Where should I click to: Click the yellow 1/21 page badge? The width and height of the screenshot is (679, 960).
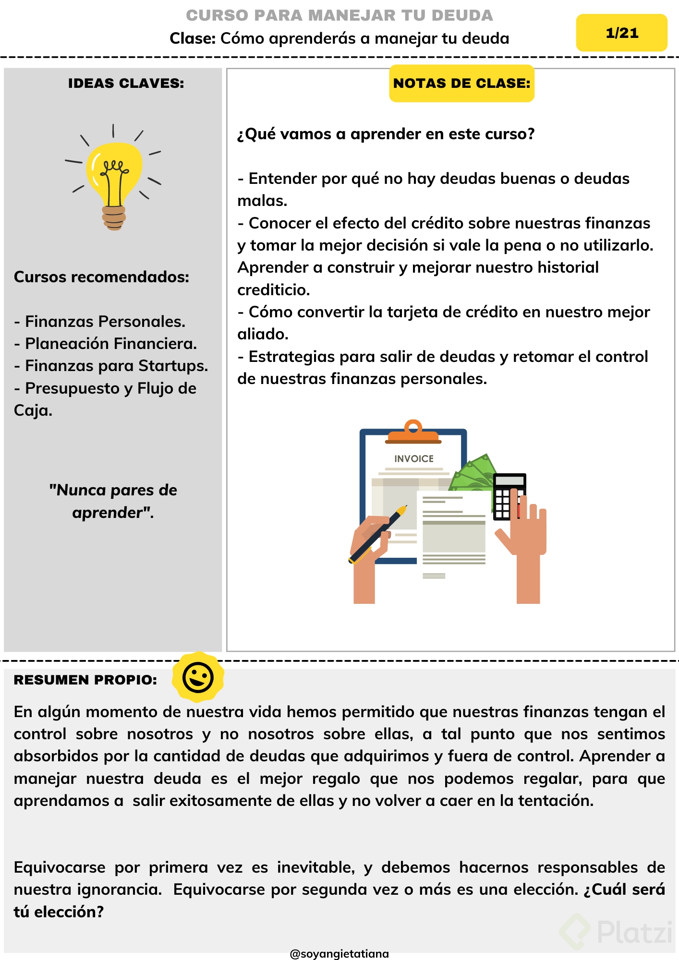pos(621,33)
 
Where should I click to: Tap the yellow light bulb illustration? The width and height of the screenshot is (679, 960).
pos(114,178)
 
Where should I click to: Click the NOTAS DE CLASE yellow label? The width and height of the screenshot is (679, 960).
pos(461,84)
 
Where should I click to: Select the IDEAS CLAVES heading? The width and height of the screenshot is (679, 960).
pos(126,84)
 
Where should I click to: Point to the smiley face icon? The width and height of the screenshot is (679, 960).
pos(198,677)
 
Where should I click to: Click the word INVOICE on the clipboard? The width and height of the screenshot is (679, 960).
pos(414,459)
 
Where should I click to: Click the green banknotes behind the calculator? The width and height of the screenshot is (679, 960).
pos(473,473)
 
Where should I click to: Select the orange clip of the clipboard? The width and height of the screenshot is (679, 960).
pos(413,432)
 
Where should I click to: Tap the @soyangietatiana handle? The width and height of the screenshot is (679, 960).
pos(339,954)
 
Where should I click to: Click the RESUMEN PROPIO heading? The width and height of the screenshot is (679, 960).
pos(85,680)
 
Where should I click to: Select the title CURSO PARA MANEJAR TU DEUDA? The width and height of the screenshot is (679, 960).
pos(339,15)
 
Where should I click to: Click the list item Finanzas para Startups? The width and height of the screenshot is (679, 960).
pos(111,366)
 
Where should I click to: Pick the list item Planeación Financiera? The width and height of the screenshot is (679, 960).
pos(106,344)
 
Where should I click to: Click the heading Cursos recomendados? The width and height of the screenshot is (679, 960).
pos(102,277)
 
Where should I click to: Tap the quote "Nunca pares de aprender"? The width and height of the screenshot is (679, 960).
pos(113,501)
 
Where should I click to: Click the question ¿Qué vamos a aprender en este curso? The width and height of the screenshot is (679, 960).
pos(386,134)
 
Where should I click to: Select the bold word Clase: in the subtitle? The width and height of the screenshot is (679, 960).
pos(193,38)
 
